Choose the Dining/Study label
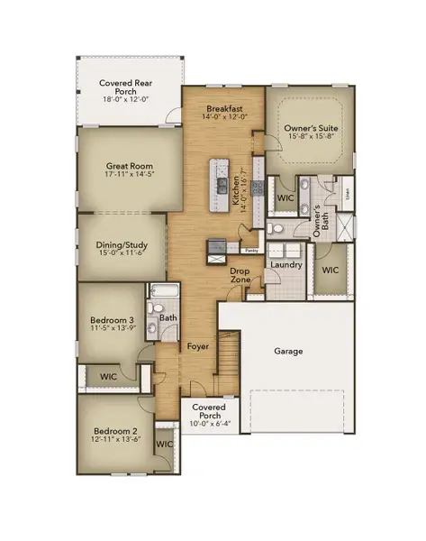122,243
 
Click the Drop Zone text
240,275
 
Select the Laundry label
286,265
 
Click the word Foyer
197,346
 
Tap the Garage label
289,351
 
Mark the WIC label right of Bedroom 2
165,445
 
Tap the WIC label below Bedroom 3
109,376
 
